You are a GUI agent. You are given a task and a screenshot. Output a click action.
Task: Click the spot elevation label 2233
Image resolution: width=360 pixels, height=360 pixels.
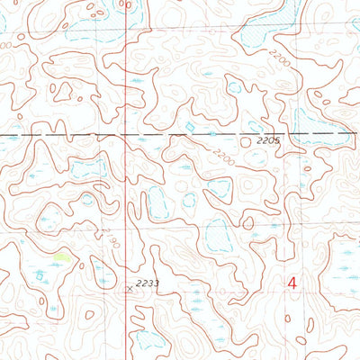click(148, 283)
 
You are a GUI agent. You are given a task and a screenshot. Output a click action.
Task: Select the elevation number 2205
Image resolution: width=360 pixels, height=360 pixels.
click(268, 140)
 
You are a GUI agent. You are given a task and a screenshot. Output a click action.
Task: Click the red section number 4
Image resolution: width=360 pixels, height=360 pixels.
click(292, 283)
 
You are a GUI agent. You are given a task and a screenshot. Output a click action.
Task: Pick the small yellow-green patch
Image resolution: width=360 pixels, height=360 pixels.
click(61, 257)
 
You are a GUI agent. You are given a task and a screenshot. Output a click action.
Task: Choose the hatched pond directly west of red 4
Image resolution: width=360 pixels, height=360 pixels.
click(218, 236)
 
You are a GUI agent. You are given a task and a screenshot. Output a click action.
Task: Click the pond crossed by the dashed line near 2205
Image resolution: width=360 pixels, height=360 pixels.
click(317, 135)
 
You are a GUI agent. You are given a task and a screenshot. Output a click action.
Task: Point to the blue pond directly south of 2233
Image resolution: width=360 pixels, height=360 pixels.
click(148, 340)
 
